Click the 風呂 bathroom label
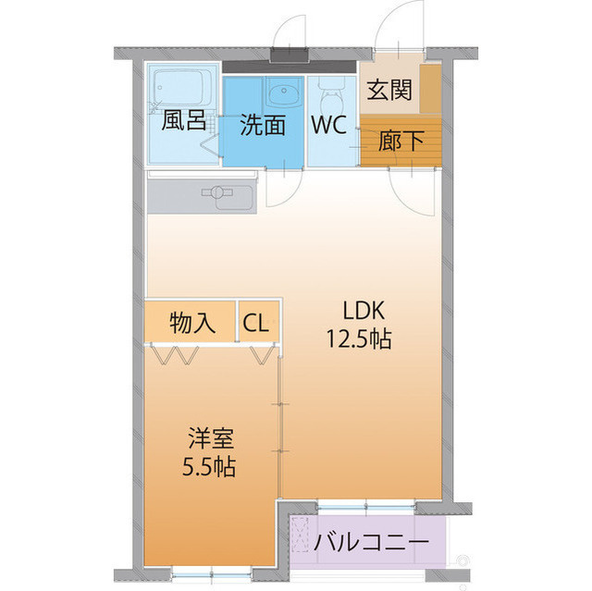coord(183,122)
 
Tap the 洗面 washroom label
coord(262,125)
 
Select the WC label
coord(328,125)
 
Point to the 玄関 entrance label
coord(388,92)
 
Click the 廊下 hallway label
coord(401,142)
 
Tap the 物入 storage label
coord(192,323)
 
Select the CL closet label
coord(256,323)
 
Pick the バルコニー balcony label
coord(370,541)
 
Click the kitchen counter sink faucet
coord(219,193)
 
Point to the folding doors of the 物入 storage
coord(176,354)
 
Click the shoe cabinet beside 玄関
coord(429,89)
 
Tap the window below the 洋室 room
coord(198,572)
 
